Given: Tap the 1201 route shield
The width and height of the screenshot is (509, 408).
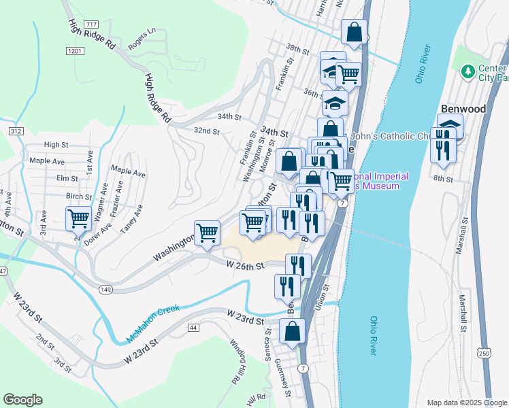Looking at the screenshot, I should point(75,51).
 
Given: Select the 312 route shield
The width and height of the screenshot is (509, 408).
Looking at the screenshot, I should point(17,130).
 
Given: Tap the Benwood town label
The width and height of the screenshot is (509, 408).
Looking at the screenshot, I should point(463,109).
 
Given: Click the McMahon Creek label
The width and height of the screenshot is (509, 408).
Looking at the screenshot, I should point(152,324).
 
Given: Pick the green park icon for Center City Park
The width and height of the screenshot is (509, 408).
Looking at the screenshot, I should point(467,71).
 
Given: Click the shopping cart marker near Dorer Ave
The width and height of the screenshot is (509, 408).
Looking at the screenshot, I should point(79,219).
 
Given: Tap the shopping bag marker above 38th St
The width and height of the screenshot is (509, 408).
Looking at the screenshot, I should point(354,31).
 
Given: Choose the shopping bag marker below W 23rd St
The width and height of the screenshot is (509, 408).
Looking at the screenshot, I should point(292,331).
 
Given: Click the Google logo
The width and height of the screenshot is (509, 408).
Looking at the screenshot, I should point(22,400).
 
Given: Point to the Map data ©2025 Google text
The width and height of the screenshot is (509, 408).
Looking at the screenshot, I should point(466,403).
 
